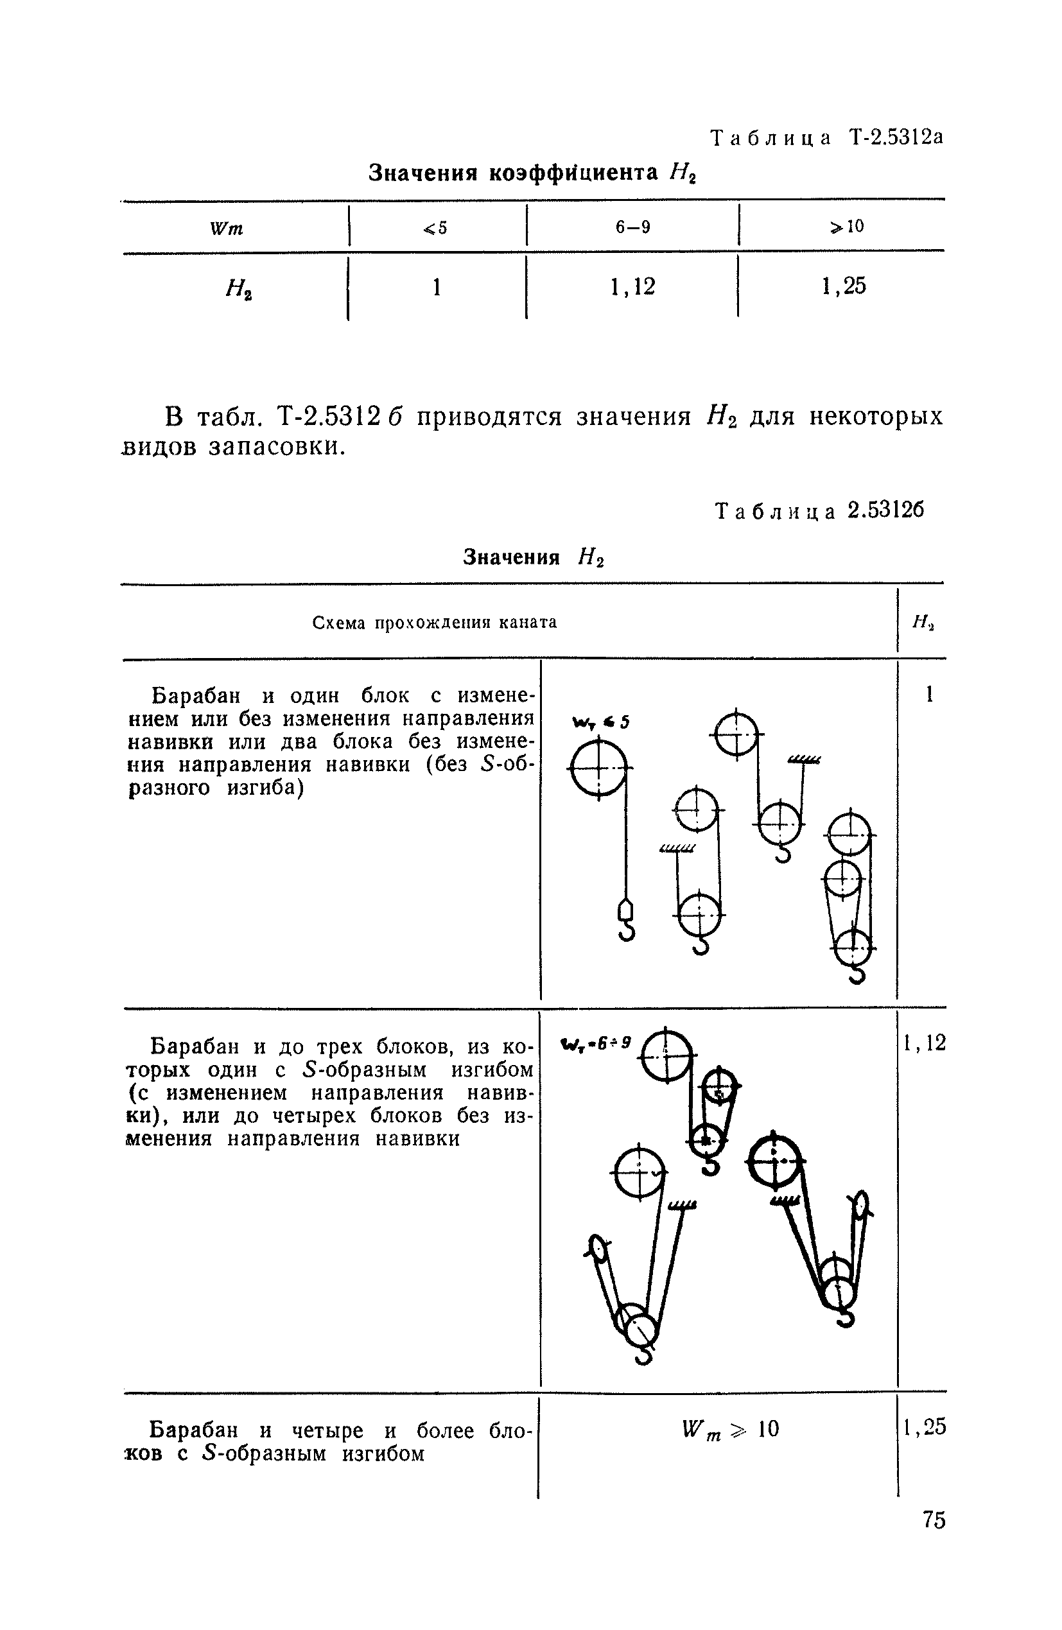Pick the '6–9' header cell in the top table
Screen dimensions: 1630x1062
pyautogui.click(x=632, y=227)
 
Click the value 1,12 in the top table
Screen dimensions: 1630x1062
pyautogui.click(x=632, y=286)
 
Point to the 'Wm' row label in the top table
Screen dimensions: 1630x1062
pyautogui.click(x=227, y=228)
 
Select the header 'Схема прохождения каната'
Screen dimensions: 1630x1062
pyautogui.click(x=435, y=622)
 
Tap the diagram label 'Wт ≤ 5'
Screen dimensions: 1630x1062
pyautogui.click(x=601, y=722)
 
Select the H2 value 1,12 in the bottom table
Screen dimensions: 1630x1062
pyautogui.click(x=925, y=1043)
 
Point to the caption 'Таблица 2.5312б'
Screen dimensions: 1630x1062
pyautogui.click(x=819, y=511)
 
